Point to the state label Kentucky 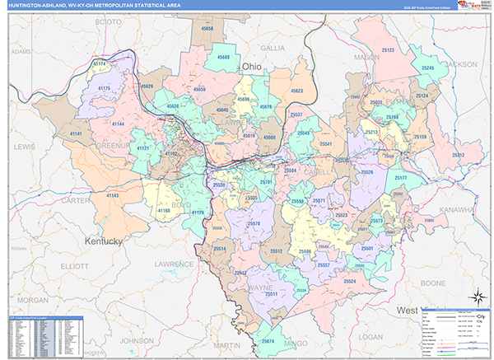click(x=103, y=241)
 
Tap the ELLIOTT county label click(x=73, y=266)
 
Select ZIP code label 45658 click(x=207, y=29)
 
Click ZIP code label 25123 click(x=385, y=50)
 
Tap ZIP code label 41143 click(x=110, y=195)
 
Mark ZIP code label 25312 click(x=458, y=155)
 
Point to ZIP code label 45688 click(x=221, y=58)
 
